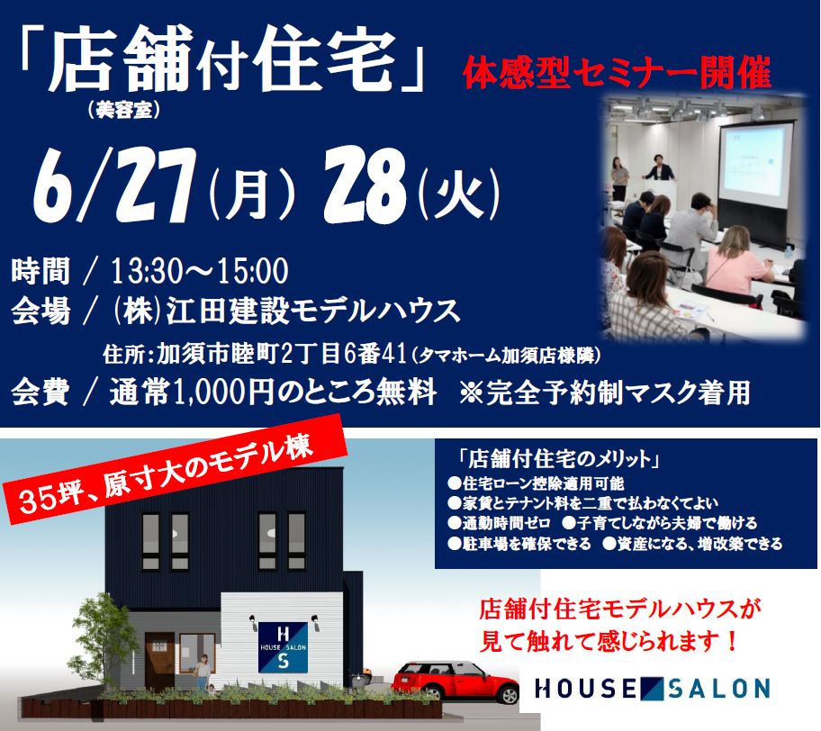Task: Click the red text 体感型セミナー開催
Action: (617, 72)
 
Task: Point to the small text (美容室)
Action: (124, 109)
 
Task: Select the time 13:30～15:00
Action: (200, 270)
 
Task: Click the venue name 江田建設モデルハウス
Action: (312, 311)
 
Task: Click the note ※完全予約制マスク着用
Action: (605, 393)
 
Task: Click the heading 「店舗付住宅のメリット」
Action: (558, 459)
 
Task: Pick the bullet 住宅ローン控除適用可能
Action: (536, 483)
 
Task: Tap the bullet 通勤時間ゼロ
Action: (499, 523)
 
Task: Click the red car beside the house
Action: (456, 681)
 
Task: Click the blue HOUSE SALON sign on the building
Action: (283, 647)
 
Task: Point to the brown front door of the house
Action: (159, 662)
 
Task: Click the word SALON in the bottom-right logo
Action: (719, 689)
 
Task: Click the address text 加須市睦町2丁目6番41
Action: (283, 355)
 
